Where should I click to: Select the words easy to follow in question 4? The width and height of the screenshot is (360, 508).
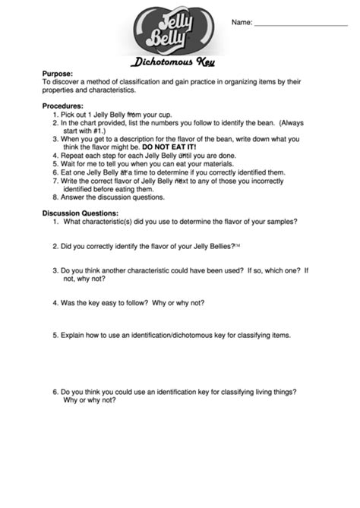click(x=122, y=302)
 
